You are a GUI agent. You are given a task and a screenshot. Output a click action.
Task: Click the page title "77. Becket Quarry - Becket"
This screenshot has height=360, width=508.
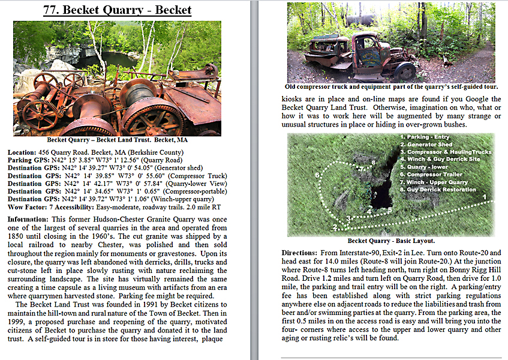(117, 10)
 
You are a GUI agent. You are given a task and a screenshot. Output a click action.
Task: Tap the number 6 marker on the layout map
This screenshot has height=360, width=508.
(317, 175)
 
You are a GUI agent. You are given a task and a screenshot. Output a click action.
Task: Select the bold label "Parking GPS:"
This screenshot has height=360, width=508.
(28, 161)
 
